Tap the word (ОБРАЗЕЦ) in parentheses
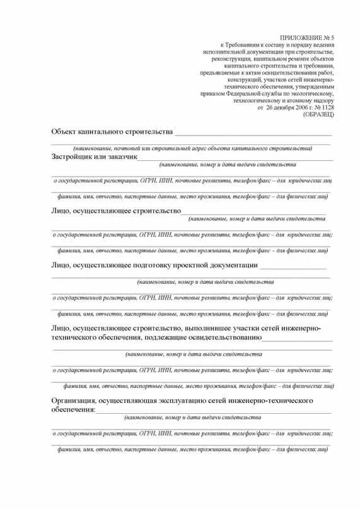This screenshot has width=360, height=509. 318,114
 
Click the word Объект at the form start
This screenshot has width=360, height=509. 64,132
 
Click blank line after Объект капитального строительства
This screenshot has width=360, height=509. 253,134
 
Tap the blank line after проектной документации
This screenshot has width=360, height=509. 293,268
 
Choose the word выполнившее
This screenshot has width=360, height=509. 208,329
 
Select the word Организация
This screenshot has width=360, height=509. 73,401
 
